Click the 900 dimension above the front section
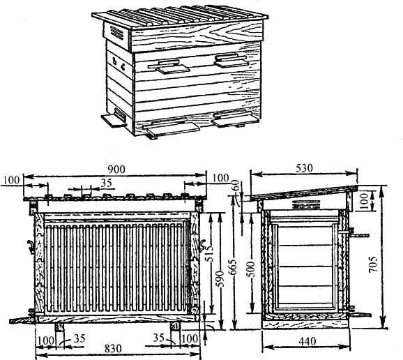click(x=116, y=170)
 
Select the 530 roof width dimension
click(x=304, y=168)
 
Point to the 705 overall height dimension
click(x=373, y=264)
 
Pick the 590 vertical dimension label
click(x=220, y=278)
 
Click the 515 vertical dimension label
click(x=210, y=253)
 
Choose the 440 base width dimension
click(x=307, y=342)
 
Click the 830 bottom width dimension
click(x=113, y=349)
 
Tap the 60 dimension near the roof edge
click(x=236, y=185)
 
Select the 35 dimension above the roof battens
click(x=107, y=183)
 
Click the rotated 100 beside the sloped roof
click(x=364, y=202)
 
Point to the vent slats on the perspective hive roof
click(x=117, y=33)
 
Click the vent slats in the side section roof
click(x=306, y=204)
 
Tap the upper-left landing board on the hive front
click(x=169, y=67)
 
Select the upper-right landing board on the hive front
click(x=231, y=61)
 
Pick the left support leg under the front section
click(x=60, y=327)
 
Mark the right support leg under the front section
click(x=176, y=327)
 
